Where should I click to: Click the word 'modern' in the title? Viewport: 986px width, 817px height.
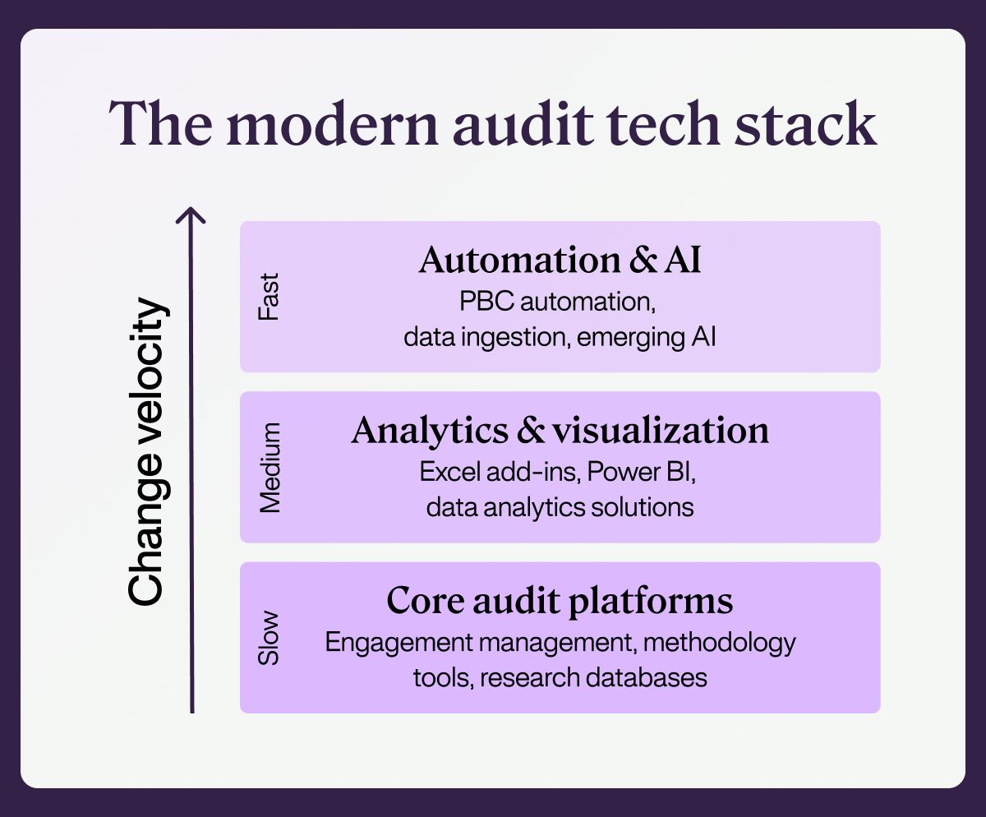pos(333,124)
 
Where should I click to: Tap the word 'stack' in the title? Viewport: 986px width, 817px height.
pos(805,123)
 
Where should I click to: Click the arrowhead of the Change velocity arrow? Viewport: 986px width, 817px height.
pos(191,215)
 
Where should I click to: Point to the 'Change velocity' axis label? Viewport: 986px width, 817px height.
pos(146,451)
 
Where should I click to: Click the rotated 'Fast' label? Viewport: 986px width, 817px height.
pos(269,297)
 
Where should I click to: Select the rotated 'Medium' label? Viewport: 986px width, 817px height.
pos(270,468)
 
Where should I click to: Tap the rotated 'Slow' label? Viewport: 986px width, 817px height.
pos(269,638)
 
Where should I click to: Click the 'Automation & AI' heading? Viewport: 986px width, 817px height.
pos(560,260)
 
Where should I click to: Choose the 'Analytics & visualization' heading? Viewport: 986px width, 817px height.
pos(560,431)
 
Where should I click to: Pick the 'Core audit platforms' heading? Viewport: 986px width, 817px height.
pos(560,602)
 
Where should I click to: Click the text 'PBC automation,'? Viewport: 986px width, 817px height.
pos(558,301)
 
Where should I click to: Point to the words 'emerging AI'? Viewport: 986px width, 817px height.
pos(646,337)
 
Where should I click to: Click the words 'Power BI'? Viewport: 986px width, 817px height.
pos(640,471)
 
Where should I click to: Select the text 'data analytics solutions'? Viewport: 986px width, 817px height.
pos(560,507)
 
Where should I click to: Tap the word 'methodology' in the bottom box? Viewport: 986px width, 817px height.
pos(719,643)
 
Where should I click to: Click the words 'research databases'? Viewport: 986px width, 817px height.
pos(593,677)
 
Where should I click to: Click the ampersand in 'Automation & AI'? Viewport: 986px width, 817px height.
pos(643,260)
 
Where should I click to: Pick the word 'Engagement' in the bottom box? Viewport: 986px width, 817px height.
pos(399,643)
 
